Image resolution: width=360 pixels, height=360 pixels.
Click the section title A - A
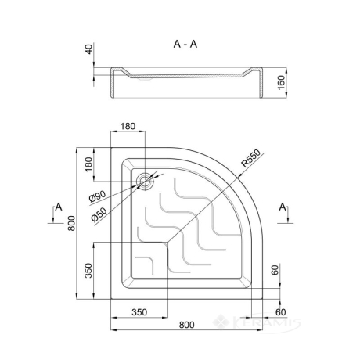coord(185,45)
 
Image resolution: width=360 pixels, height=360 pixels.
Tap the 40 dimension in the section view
coord(89,49)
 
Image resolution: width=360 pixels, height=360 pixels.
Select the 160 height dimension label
coord(282,82)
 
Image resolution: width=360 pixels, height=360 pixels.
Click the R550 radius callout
coord(250,159)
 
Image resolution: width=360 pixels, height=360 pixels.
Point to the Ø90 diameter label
coord(97,196)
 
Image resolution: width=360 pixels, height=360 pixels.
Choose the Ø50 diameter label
coord(99,214)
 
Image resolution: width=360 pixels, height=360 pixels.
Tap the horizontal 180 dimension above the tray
coord(128,126)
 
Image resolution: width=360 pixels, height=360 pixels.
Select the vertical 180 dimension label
coord(88,164)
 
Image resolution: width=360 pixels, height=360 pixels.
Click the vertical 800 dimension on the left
coord(71,223)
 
